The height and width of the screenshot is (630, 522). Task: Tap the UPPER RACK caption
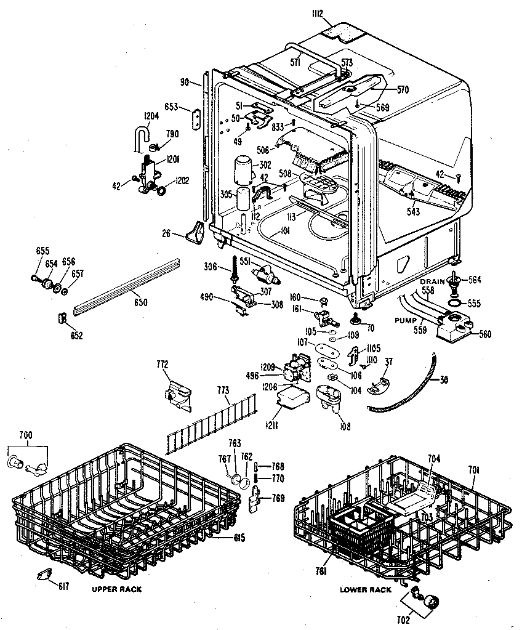tap(116, 589)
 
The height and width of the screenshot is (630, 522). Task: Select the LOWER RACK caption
tap(366, 590)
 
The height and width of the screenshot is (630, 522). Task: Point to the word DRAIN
tap(432, 281)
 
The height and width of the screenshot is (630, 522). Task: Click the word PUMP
tap(407, 321)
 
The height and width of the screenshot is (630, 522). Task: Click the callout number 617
tap(63, 586)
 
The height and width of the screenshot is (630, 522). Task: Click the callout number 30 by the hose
tap(444, 380)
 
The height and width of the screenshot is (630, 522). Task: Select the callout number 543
tap(413, 212)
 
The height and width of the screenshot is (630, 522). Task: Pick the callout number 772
tap(163, 366)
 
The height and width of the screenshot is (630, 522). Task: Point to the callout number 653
tap(171, 107)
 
